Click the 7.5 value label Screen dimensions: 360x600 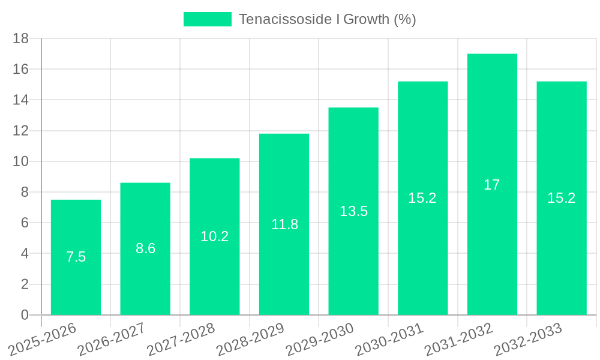coord(76,257)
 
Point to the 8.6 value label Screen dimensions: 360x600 coord(145,248)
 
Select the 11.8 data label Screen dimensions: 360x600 coord(284,224)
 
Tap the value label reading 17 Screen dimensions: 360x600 coord(492,185)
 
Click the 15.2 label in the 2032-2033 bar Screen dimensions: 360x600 coord(562,198)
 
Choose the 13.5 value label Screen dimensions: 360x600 coord(353,211)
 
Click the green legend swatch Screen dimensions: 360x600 coord(207,19)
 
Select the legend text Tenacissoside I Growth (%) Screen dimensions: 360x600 coord(327,19)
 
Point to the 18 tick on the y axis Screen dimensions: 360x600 coord(21,38)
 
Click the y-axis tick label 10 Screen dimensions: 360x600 coord(21,161)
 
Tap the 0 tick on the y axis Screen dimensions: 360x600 coord(25,315)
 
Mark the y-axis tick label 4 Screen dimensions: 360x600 coord(25,254)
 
